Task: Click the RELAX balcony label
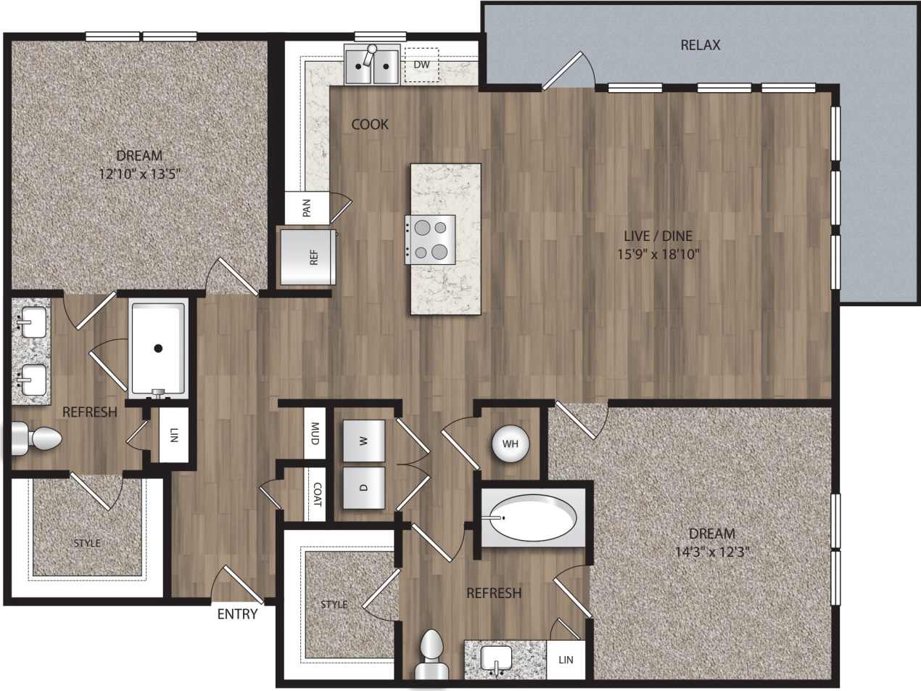(701, 45)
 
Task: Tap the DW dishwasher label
(421, 65)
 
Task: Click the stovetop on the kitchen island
(430, 240)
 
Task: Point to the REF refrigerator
(308, 257)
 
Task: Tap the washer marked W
(363, 441)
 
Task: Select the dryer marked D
(363, 487)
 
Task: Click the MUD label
(315, 434)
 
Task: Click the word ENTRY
(237, 614)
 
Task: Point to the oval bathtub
(533, 518)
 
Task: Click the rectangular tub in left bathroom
(157, 348)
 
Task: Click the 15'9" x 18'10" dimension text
(658, 254)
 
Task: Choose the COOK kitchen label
(370, 124)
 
